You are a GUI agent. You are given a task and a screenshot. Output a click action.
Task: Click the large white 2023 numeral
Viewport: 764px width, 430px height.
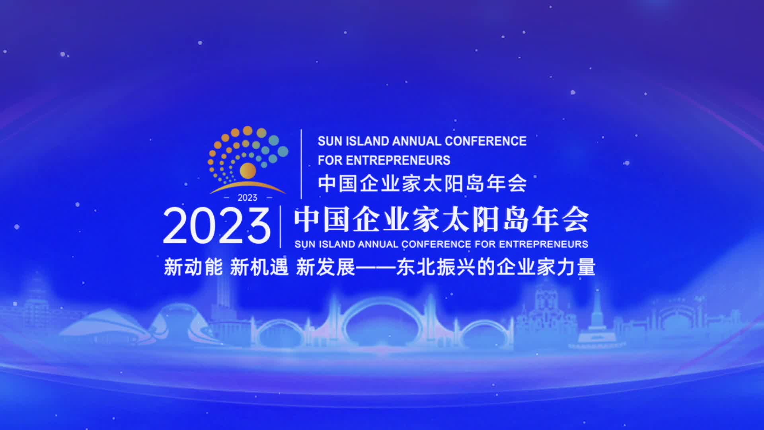pyautogui.click(x=217, y=226)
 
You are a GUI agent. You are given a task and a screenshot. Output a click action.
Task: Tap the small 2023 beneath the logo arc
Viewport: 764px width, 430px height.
pyautogui.click(x=248, y=197)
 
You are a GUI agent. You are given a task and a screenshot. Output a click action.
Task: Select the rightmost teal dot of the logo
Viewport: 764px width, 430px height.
pyautogui.click(x=283, y=151)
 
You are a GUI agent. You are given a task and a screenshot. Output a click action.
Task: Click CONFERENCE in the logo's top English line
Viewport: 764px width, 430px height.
pyautogui.click(x=485, y=141)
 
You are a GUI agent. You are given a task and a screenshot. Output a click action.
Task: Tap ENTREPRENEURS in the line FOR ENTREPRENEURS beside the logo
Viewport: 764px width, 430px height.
pyautogui.click(x=398, y=160)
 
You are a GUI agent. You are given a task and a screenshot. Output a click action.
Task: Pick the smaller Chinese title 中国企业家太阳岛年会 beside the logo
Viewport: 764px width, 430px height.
pyautogui.click(x=422, y=184)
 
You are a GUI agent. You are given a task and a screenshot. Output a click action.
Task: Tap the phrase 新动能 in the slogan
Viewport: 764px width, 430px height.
pyautogui.click(x=193, y=267)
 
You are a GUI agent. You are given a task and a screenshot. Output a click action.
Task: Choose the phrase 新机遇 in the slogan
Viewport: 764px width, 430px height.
pyautogui.click(x=259, y=267)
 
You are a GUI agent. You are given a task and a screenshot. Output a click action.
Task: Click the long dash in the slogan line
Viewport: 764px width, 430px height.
pyautogui.click(x=376, y=267)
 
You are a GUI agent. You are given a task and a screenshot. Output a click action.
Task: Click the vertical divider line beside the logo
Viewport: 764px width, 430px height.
pyautogui.click(x=301, y=164)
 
